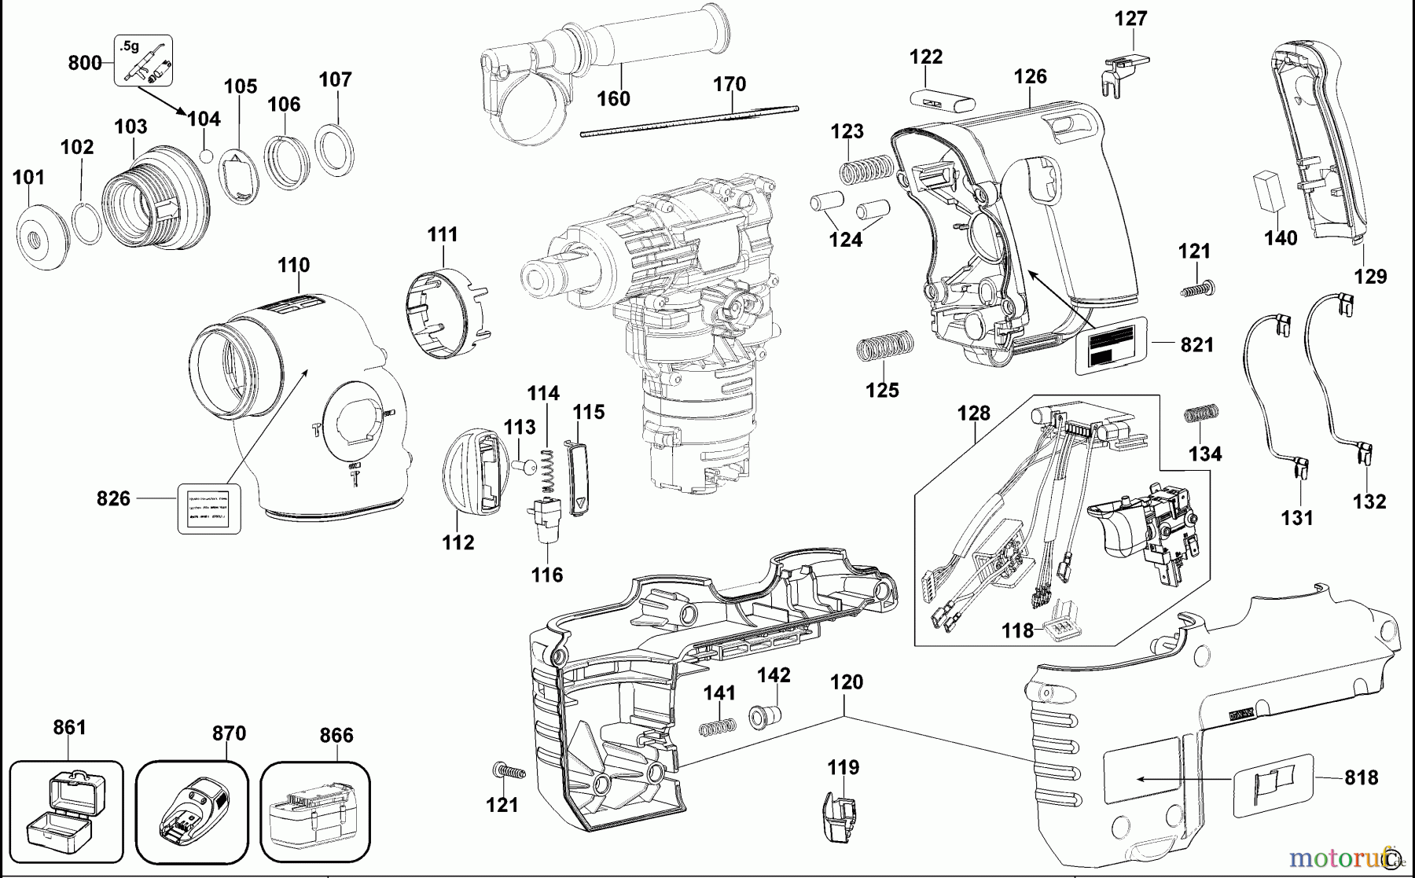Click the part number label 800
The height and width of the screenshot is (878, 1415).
tap(84, 63)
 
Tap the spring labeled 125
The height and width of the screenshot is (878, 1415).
tap(884, 346)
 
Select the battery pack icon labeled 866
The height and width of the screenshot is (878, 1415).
tap(314, 814)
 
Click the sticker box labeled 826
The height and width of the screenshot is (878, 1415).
tap(208, 509)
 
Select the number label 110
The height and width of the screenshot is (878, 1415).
tap(293, 265)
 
